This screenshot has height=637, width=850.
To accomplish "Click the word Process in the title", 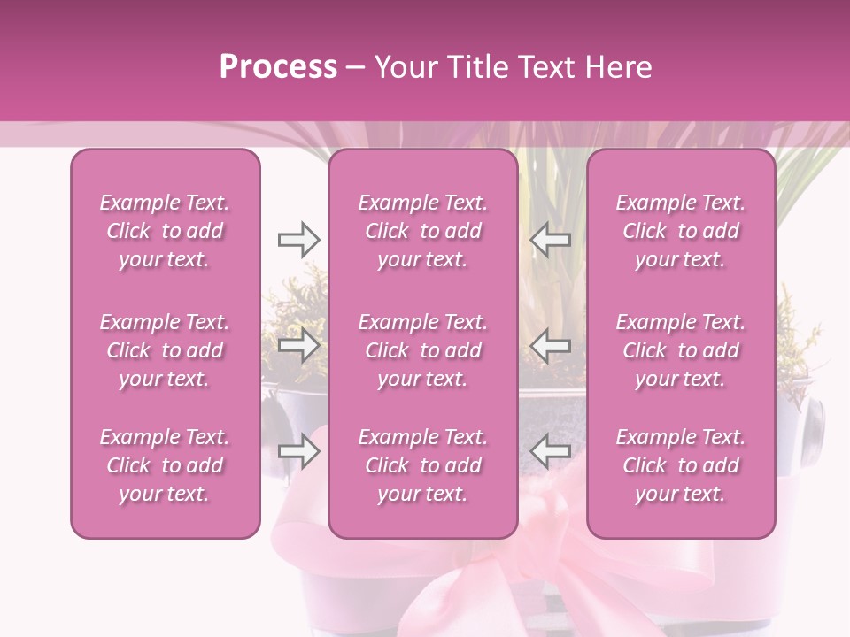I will (x=278, y=67).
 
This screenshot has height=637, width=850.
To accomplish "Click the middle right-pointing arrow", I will (x=298, y=346).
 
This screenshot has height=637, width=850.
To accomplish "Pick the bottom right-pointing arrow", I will (x=298, y=452).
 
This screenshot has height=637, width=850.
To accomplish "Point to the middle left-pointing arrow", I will (x=551, y=346).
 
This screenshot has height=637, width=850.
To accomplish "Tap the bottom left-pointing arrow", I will (x=551, y=452).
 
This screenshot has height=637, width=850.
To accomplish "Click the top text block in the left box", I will (x=165, y=231).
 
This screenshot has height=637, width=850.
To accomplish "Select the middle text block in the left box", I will (x=165, y=350).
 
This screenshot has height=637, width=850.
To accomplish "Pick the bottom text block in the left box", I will (x=165, y=465).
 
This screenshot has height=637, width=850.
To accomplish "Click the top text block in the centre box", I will (x=422, y=231).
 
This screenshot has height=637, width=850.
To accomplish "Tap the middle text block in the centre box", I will (x=422, y=350).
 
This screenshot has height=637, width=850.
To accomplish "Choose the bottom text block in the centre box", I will (x=422, y=465).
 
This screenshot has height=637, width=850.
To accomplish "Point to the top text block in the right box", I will (x=680, y=231).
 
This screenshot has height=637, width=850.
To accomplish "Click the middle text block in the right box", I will (x=680, y=350).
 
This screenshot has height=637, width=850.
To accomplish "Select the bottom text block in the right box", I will (x=680, y=465).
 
